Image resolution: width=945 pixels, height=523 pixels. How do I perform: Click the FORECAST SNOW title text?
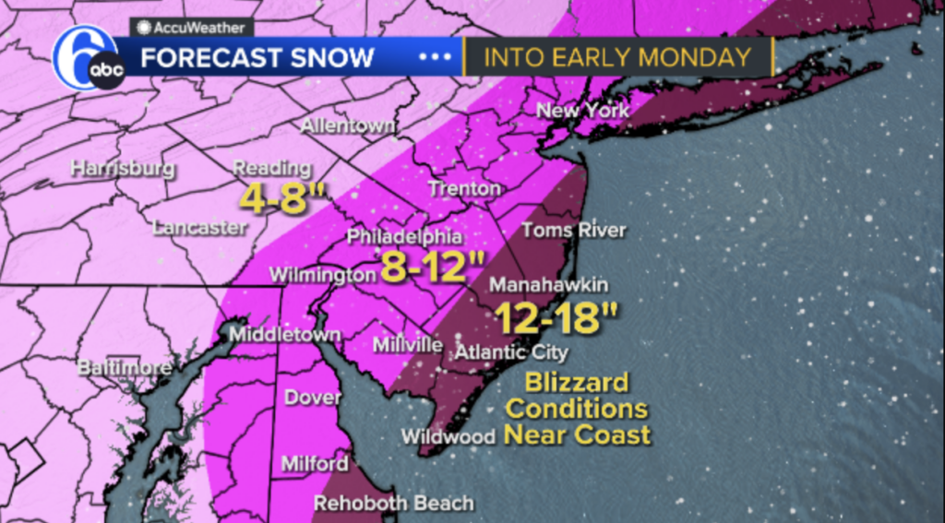257,57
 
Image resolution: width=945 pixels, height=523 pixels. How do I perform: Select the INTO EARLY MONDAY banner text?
617,57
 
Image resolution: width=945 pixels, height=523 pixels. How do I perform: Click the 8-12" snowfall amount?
432,270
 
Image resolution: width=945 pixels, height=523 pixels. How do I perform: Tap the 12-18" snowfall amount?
555,318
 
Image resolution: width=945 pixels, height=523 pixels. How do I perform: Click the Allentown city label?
349,125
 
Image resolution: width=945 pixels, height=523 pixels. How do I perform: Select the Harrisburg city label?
123,169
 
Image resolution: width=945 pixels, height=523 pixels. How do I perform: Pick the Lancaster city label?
199,227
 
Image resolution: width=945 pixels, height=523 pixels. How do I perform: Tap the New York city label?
583,111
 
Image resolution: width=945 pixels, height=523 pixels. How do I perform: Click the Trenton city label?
464,189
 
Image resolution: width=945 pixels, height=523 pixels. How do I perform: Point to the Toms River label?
574,230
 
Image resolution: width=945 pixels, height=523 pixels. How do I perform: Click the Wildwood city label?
449,436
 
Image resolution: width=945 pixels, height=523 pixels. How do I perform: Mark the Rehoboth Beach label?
394,504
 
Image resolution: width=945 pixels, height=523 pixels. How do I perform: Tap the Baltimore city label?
124,367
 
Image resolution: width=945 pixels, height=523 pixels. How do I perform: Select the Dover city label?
313,398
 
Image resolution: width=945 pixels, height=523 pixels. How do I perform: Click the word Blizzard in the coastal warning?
577,382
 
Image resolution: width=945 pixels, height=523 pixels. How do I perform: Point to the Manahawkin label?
548,285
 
